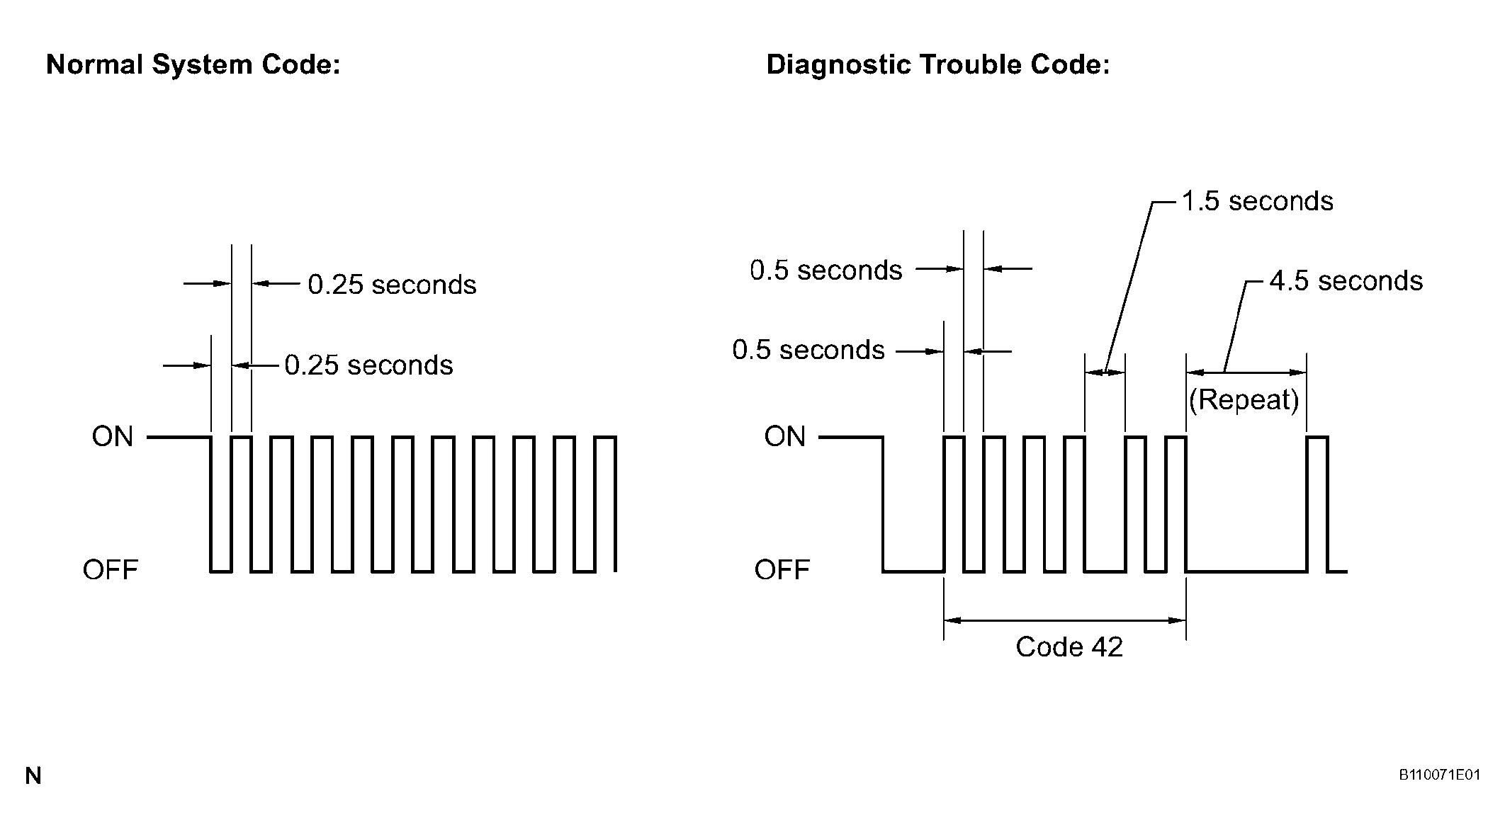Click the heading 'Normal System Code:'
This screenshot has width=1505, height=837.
[x=193, y=65]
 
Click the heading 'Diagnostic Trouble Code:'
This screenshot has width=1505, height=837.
[x=938, y=65]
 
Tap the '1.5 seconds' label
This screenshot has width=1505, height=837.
[x=1257, y=202]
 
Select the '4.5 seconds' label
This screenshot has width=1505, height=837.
[x=1346, y=282]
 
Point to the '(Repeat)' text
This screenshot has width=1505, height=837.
[x=1244, y=401]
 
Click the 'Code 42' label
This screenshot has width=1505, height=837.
[x=1069, y=647]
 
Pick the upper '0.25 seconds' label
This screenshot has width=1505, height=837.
[x=392, y=285]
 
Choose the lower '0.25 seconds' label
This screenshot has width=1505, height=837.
[x=368, y=365]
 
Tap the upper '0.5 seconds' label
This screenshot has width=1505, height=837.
[x=826, y=271]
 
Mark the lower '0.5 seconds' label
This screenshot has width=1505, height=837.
[x=808, y=351]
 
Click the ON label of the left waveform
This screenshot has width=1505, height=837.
[x=113, y=437]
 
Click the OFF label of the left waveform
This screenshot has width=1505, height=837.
[x=110, y=570]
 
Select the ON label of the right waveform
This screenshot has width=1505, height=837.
[x=784, y=437]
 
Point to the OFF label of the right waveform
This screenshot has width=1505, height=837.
[x=782, y=570]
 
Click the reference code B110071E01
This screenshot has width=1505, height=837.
[x=1439, y=775]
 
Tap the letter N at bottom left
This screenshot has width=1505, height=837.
[x=33, y=776]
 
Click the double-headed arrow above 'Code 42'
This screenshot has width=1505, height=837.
[x=1065, y=621]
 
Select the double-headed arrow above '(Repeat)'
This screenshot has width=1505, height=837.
[x=1246, y=372]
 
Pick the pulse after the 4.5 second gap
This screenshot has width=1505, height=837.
[x=1317, y=504]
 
